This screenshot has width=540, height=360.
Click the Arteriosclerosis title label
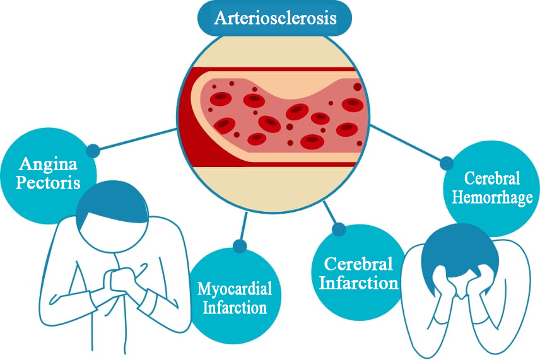[276, 17]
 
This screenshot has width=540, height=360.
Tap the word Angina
[48, 165]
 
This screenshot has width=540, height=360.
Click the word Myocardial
[235, 289]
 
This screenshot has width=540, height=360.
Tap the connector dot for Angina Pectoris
[93, 151]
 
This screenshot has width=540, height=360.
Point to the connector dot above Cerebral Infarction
[339, 229]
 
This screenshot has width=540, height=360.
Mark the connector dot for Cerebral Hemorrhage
[446, 163]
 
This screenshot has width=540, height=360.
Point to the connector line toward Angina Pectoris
[136, 139]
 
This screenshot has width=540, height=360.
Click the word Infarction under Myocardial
[235, 308]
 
